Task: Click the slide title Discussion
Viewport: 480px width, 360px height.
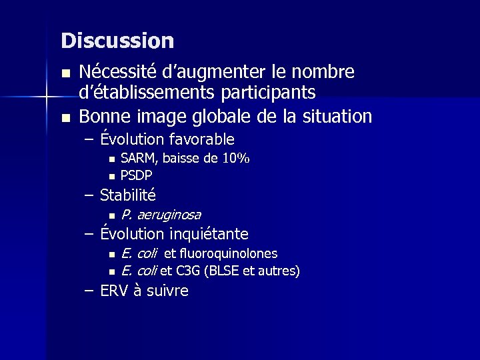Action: [x=117, y=41]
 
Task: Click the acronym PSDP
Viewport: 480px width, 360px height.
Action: [x=136, y=175]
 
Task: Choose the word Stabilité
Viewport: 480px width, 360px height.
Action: [x=128, y=196]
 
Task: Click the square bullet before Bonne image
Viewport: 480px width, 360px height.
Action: [x=65, y=118]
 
